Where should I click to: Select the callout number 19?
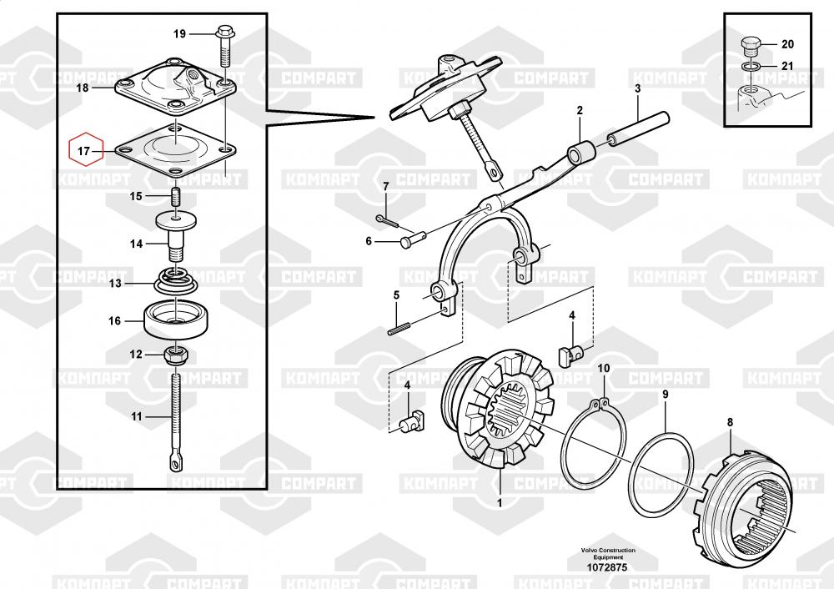(x=180, y=33)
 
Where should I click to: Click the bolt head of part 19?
(x=224, y=33)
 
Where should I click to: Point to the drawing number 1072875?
(x=607, y=567)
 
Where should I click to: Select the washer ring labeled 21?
(x=751, y=67)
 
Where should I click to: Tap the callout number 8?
(x=730, y=422)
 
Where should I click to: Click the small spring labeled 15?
(x=176, y=197)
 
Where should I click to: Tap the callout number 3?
(x=638, y=88)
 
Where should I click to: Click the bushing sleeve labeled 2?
(x=581, y=153)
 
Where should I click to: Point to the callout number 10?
(x=604, y=368)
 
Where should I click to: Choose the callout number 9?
(x=665, y=395)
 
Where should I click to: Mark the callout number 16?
(x=115, y=321)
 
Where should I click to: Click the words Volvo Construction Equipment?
(x=607, y=553)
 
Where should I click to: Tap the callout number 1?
(x=499, y=503)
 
